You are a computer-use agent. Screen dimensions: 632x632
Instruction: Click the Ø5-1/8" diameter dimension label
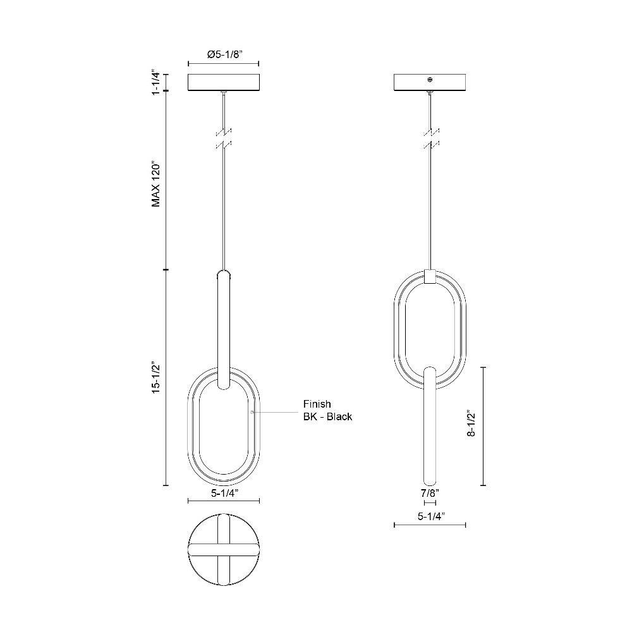(x=224, y=55)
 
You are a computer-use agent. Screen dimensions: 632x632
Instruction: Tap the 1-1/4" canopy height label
(x=156, y=83)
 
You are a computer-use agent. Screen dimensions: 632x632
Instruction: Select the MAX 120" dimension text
(x=156, y=185)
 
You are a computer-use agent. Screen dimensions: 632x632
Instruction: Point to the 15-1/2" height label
(x=156, y=378)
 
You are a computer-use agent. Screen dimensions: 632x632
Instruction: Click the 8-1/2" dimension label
(x=471, y=425)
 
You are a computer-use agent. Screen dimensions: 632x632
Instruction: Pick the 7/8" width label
(x=430, y=492)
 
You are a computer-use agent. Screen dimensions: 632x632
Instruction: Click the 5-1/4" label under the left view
(x=224, y=493)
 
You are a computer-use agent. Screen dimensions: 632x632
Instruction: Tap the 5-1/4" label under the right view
(x=430, y=516)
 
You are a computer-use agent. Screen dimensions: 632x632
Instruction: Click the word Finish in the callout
(x=317, y=404)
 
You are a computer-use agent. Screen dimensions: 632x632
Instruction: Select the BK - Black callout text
(x=327, y=416)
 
